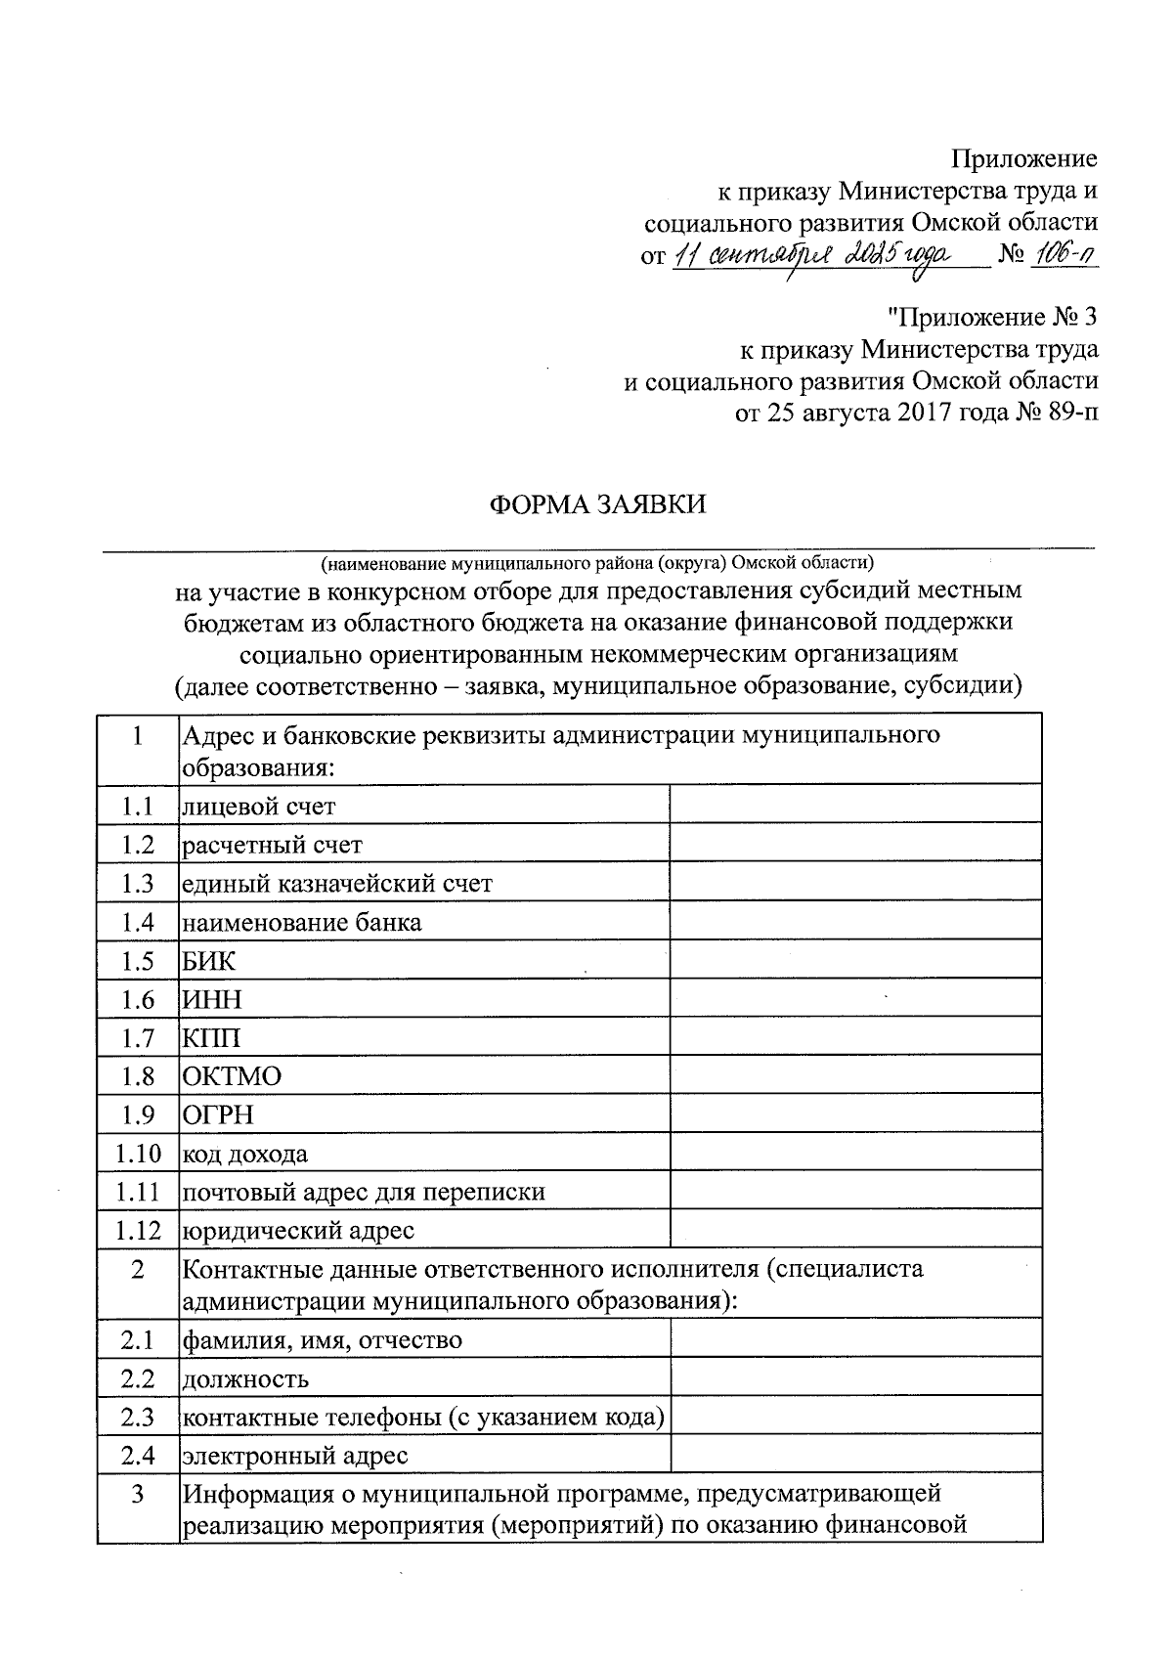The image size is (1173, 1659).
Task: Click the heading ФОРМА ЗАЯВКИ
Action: coord(596,504)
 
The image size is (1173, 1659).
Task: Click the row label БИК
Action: coord(209,961)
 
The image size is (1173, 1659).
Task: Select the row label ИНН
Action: coord(212,999)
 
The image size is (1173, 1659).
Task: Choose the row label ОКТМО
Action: coord(232,1076)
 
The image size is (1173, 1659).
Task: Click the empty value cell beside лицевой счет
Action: coord(855,807)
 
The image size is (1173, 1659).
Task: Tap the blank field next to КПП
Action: coord(855,1038)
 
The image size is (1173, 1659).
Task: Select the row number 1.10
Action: coord(138,1154)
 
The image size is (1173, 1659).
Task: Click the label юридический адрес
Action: coord(299,1231)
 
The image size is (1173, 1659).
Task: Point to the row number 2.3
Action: coord(138,1417)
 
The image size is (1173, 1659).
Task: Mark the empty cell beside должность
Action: coord(855,1378)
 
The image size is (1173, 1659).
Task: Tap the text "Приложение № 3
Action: coord(992,317)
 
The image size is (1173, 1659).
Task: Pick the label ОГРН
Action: coord(219,1115)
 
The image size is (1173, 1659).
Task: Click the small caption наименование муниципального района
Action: coord(596,563)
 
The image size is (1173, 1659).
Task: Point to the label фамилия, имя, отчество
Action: coord(323,1340)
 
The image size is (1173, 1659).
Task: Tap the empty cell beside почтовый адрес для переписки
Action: coord(855,1193)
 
